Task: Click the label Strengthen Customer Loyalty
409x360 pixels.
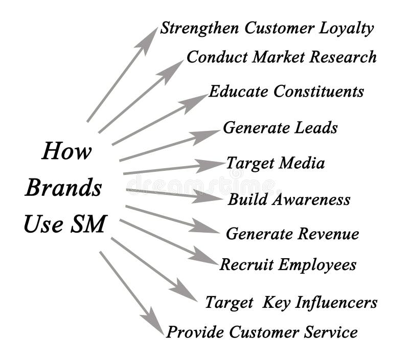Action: [x=267, y=29]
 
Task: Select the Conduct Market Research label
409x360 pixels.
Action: [x=281, y=57]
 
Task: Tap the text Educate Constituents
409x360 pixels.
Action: [x=286, y=92]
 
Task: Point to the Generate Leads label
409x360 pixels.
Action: [x=280, y=127]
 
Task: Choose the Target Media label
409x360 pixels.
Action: [x=275, y=164]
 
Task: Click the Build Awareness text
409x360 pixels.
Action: [x=289, y=199]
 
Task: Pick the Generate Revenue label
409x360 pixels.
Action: [x=292, y=234]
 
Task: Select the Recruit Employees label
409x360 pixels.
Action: [x=288, y=265]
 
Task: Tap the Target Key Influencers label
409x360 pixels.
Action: [x=291, y=302]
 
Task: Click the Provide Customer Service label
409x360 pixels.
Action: [x=262, y=332]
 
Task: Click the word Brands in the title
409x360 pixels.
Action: [x=63, y=188]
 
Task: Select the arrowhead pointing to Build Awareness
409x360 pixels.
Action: [x=209, y=196]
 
